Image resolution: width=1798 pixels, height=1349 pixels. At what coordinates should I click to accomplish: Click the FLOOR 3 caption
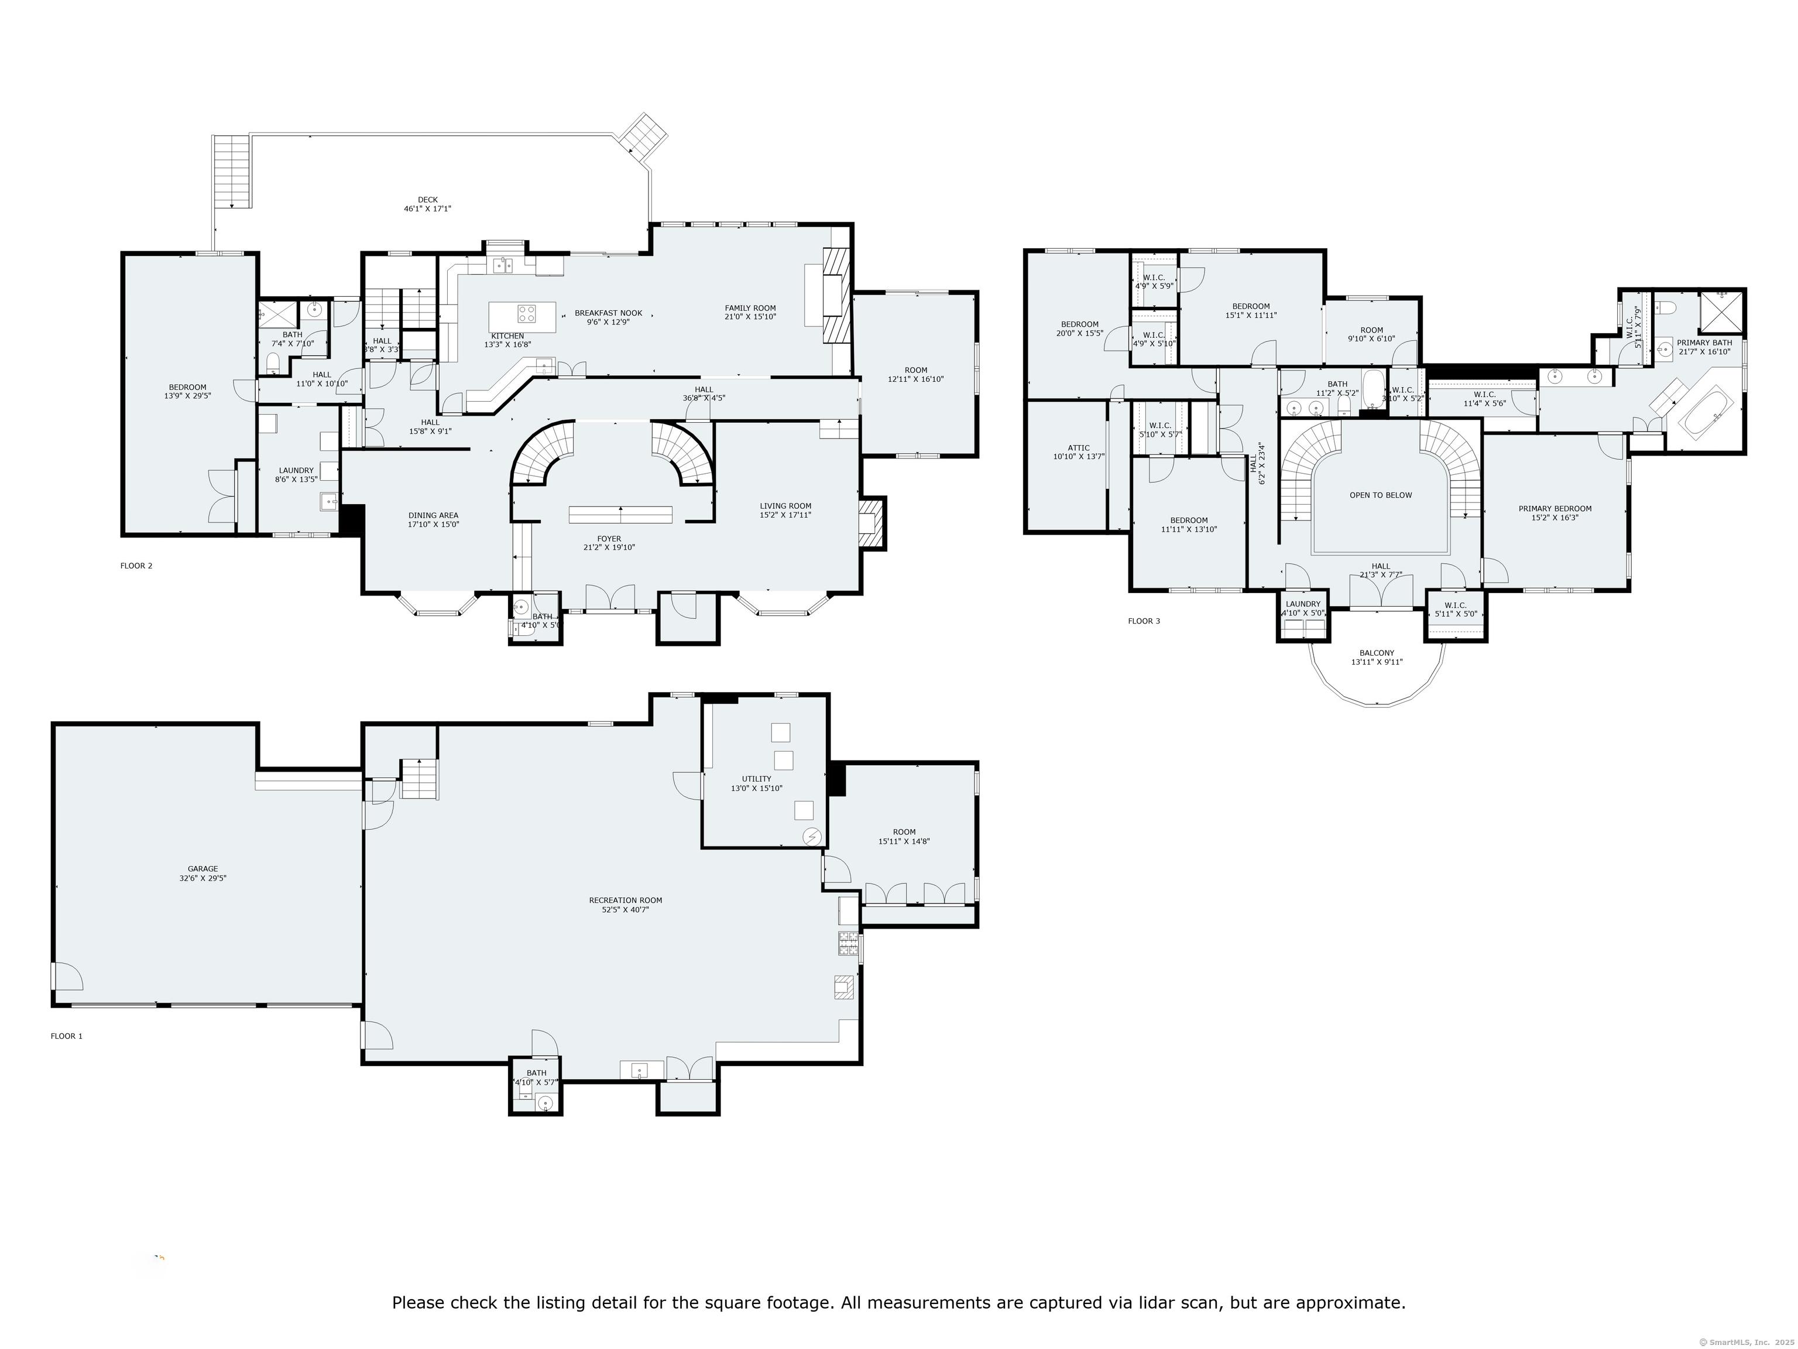[x=1144, y=621]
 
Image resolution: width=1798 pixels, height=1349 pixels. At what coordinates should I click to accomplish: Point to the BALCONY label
[x=1377, y=653]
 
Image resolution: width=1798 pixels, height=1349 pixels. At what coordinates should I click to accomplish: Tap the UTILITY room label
[x=756, y=779]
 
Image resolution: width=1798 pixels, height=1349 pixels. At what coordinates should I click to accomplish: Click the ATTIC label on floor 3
[x=1078, y=448]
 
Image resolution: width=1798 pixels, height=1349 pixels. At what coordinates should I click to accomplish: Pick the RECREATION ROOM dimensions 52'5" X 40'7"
[x=625, y=910]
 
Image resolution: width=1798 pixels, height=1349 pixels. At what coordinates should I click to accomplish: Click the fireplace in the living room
[x=870, y=521]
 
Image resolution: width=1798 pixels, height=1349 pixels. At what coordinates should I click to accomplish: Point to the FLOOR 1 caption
[x=67, y=1036]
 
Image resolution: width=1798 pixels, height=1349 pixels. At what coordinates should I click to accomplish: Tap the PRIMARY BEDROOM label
[x=1555, y=509]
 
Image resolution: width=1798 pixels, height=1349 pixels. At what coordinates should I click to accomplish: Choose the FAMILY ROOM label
[x=750, y=308]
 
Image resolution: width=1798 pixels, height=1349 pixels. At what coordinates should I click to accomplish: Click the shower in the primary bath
[x=1722, y=311]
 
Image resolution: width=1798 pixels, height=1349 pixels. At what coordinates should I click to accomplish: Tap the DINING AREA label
[x=433, y=515]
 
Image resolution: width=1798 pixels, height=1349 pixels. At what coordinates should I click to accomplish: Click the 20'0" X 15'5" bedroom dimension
[x=1079, y=333]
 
